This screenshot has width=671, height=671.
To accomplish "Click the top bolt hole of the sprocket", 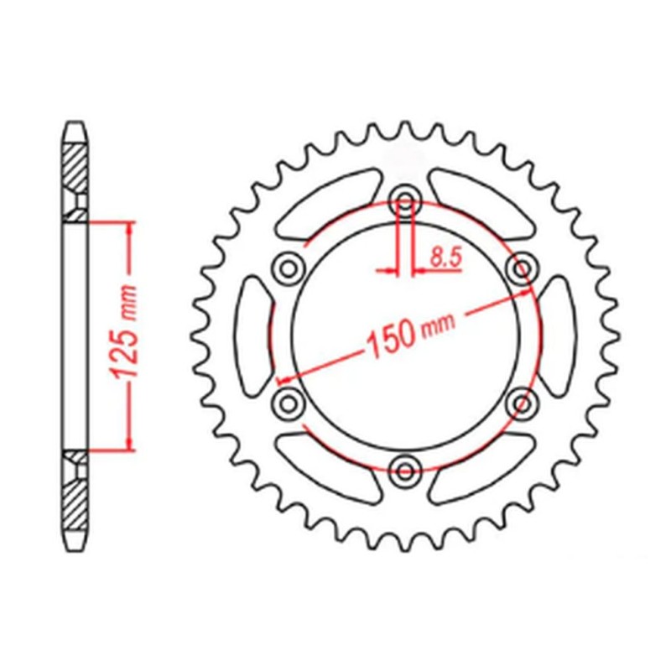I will [406, 200].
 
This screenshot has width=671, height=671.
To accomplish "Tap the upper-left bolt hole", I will [289, 268].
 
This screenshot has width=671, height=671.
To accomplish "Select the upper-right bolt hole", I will [523, 268].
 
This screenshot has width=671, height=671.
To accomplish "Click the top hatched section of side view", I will [75, 172].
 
